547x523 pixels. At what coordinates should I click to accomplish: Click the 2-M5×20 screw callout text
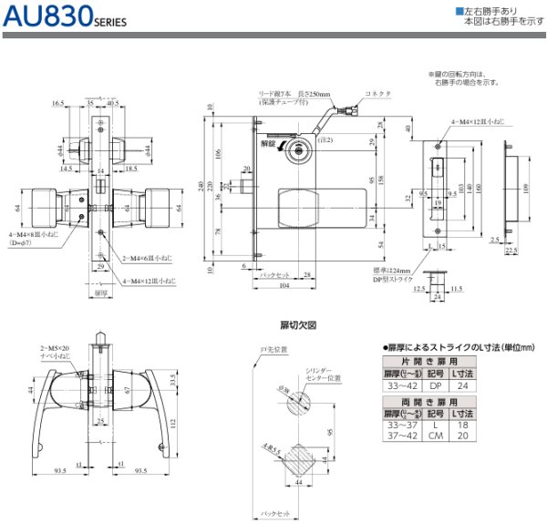(56, 349)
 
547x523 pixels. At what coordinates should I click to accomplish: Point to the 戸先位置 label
(274, 349)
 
